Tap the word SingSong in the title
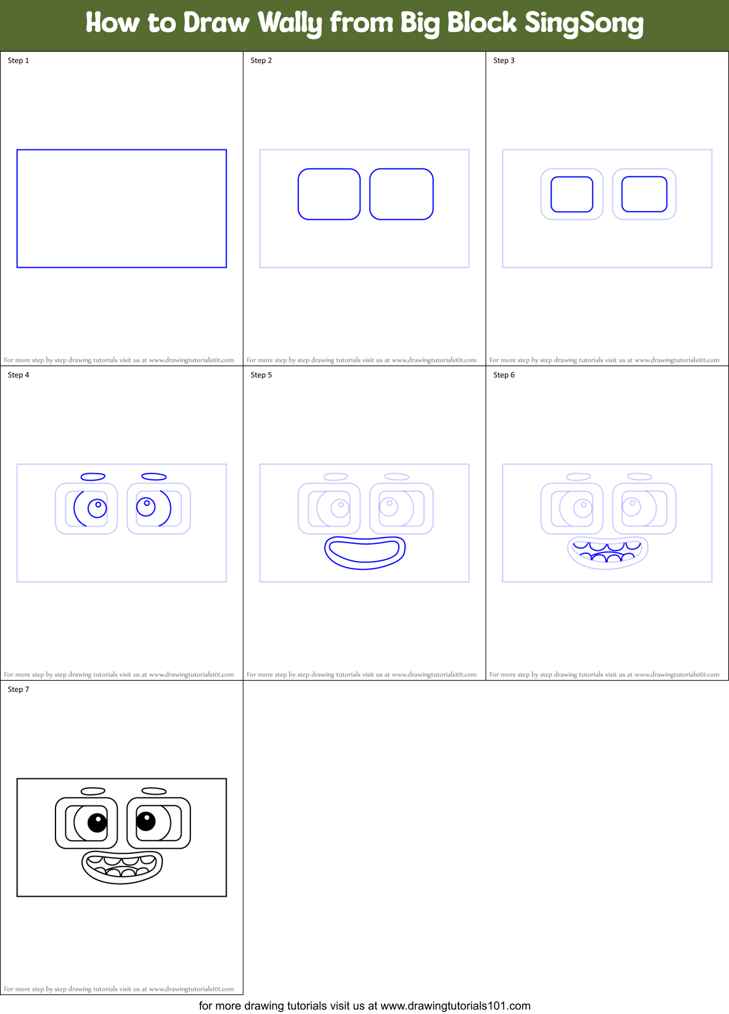(x=584, y=23)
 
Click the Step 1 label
(x=18, y=60)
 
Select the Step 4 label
(x=18, y=375)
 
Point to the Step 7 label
(x=18, y=689)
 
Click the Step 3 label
(x=504, y=60)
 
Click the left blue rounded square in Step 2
(x=329, y=194)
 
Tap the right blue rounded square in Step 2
(x=401, y=194)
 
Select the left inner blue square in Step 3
(x=572, y=194)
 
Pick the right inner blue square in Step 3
(x=644, y=194)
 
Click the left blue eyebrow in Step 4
(x=93, y=477)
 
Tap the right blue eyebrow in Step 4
(x=154, y=476)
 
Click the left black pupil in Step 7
(x=97, y=822)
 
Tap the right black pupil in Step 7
(x=146, y=821)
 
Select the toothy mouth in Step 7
(x=122, y=867)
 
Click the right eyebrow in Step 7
(x=154, y=791)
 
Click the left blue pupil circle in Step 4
(x=97, y=508)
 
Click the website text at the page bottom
(x=364, y=1006)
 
